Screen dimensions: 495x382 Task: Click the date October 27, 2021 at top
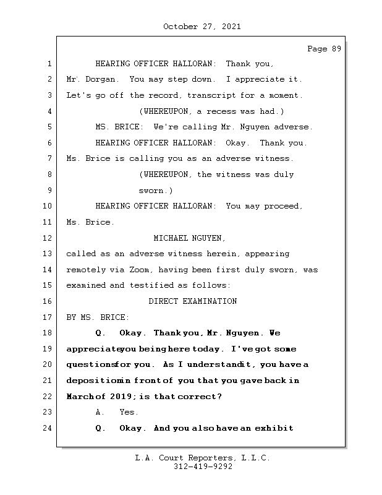pyautogui.click(x=202, y=27)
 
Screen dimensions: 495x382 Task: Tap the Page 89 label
pyautogui.click(x=324, y=49)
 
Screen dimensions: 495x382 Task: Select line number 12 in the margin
pyautogui.click(x=49, y=238)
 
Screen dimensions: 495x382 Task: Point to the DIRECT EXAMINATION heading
pyautogui.click(x=193, y=301)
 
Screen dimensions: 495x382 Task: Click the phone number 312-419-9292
pyautogui.click(x=202, y=467)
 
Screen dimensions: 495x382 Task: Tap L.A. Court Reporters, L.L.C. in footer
pyautogui.click(x=202, y=458)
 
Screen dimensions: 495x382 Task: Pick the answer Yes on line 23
pyautogui.click(x=129, y=412)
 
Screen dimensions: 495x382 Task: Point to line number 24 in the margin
pyautogui.click(x=49, y=428)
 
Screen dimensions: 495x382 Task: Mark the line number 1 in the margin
pyautogui.click(x=49, y=64)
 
